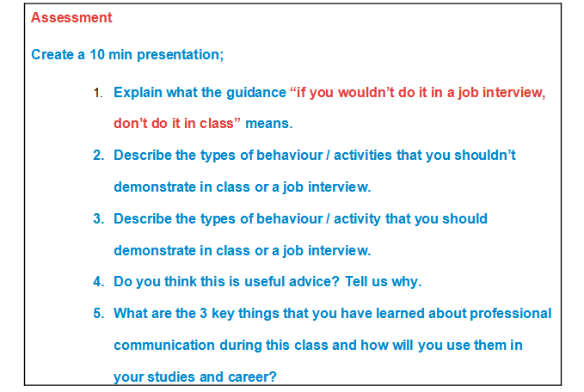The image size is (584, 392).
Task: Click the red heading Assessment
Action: pos(71,17)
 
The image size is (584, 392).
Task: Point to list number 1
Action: pos(98,92)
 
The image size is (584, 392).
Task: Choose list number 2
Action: pos(98,156)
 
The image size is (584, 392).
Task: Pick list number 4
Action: pos(98,282)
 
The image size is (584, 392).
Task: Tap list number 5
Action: pos(98,314)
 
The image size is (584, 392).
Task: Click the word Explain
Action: pos(138,92)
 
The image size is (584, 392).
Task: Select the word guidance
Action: pos(255,92)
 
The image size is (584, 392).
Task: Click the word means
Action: pos(269,124)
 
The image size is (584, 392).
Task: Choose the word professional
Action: pos(507,314)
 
